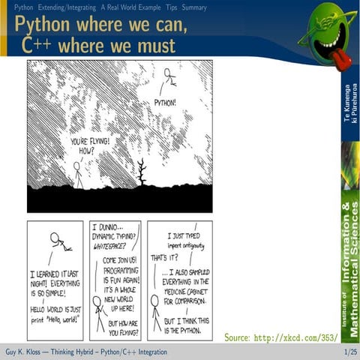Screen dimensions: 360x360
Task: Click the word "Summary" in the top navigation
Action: tap(193, 7)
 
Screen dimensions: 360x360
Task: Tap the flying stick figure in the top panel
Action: tap(168, 78)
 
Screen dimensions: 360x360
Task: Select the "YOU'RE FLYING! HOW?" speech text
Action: tap(89, 145)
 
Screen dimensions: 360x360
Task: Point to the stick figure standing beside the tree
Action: tap(77, 174)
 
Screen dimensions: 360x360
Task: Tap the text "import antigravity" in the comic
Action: tap(181, 245)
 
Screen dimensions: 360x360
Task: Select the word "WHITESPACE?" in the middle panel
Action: tap(110, 245)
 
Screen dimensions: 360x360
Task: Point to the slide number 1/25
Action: tap(349, 352)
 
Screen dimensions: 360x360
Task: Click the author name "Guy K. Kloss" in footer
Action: tap(24, 352)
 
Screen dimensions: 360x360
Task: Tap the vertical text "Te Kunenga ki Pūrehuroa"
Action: tap(348, 106)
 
